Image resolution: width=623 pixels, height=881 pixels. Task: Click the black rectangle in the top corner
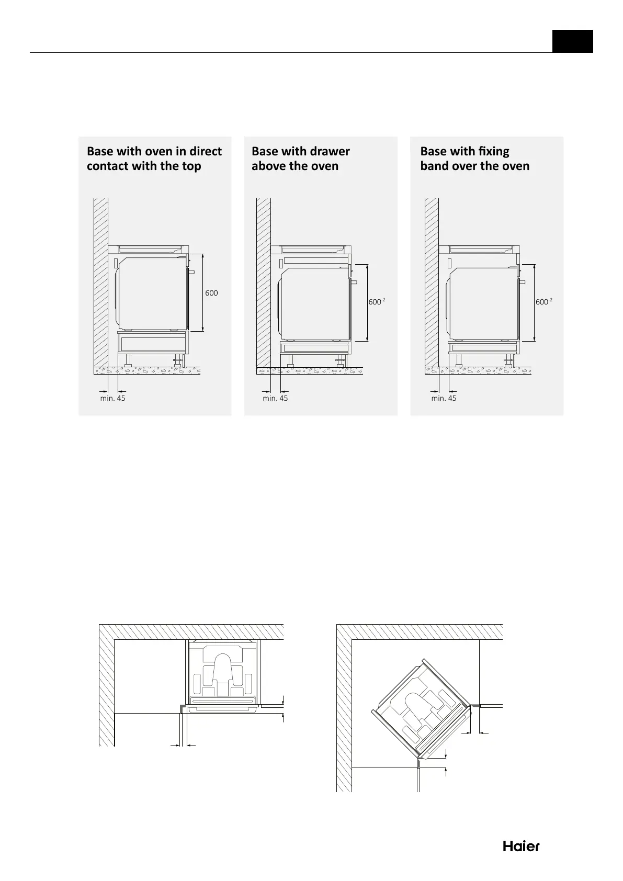[x=573, y=41]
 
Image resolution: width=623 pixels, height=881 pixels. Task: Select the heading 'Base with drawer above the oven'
[x=300, y=159]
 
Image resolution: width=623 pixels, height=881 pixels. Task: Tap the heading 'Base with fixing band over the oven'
[x=475, y=159]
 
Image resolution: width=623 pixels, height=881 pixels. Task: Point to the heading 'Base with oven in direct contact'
[x=154, y=159]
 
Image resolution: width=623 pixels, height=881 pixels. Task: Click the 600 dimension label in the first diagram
[x=211, y=293]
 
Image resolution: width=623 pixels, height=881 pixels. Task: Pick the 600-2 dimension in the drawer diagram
[x=377, y=302]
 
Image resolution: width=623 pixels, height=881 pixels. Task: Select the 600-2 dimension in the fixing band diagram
[x=544, y=302]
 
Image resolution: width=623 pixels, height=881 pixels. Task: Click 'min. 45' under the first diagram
[x=112, y=398]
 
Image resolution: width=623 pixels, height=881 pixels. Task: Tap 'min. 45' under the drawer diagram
[x=275, y=398]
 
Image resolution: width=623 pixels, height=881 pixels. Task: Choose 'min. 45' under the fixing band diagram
[x=444, y=398]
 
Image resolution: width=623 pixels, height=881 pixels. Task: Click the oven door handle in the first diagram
[x=191, y=272]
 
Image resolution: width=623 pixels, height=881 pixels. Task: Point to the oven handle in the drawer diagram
[x=354, y=281]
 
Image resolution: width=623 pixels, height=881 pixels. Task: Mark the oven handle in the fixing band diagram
[x=523, y=281]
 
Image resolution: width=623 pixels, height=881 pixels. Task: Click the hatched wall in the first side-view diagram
[x=100, y=283]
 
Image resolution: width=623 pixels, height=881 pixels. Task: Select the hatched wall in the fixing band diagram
[x=432, y=283]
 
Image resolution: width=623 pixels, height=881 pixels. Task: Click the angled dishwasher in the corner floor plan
[x=421, y=709]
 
